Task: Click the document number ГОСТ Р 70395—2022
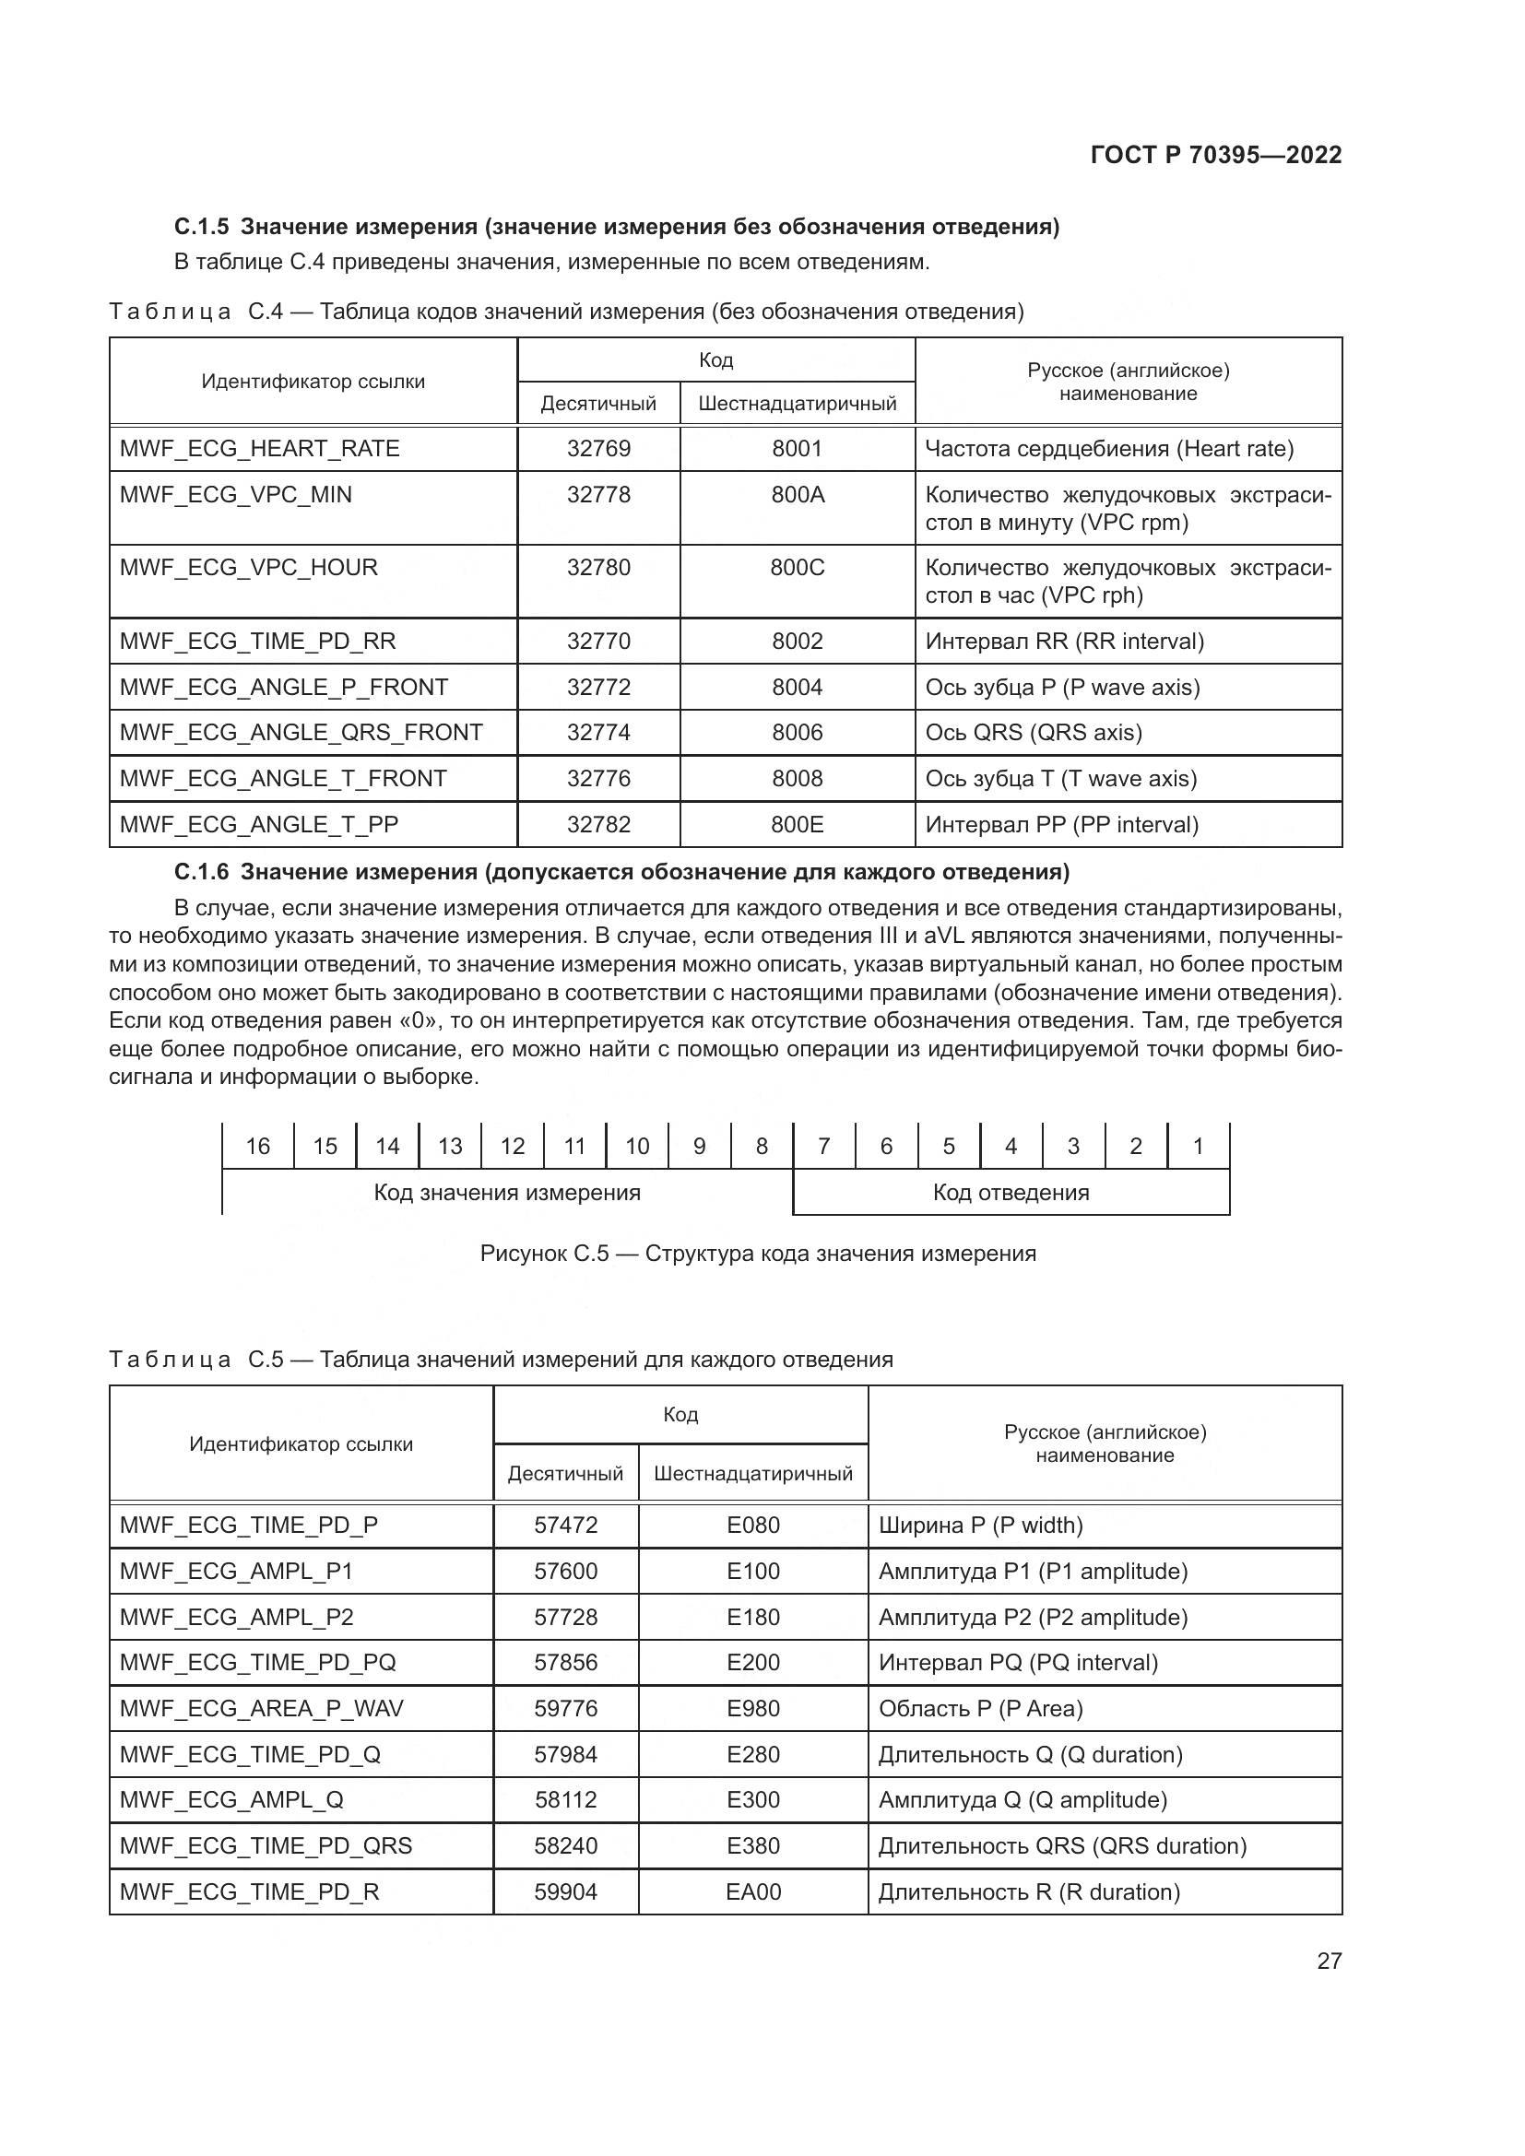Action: [1215, 155]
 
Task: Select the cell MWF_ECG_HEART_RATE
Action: [259, 449]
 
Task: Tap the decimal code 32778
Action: [598, 495]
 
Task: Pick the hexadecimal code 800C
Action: [797, 568]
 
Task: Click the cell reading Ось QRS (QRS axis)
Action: [1033, 733]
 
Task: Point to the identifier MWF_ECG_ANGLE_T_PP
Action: [258, 824]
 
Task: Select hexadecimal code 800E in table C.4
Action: [797, 824]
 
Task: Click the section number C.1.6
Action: [201, 872]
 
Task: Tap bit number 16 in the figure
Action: [257, 1147]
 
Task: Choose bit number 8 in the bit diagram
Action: [762, 1147]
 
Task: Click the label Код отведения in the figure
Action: [1011, 1194]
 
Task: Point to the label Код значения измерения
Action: [507, 1194]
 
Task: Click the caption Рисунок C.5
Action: [545, 1255]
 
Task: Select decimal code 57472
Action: [565, 1526]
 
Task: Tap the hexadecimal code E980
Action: [753, 1709]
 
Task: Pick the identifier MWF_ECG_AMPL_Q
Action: [231, 1800]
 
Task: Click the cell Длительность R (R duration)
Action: [1028, 1892]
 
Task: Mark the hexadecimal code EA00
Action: [753, 1892]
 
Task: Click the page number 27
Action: [1329, 1962]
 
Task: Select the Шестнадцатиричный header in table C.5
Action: [753, 1474]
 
